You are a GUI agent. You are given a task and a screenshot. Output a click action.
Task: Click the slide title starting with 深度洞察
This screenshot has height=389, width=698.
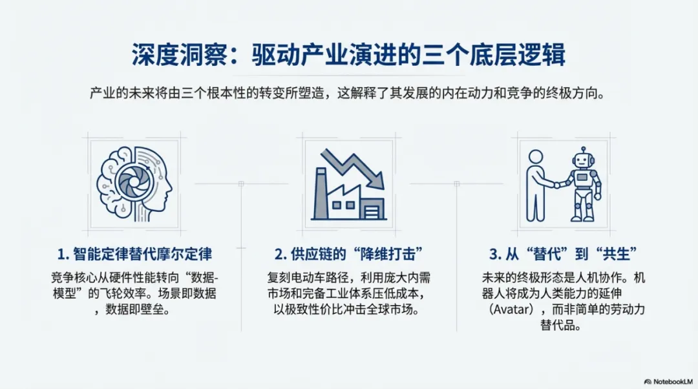pyautogui.click(x=348, y=56)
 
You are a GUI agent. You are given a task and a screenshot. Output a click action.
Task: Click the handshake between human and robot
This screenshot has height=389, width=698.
pyautogui.click(x=557, y=185)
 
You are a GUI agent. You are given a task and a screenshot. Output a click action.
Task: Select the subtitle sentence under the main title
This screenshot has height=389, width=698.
pyautogui.click(x=348, y=92)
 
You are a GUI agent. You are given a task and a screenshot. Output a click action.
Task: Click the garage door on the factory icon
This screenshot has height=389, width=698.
pyautogui.click(x=374, y=208)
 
